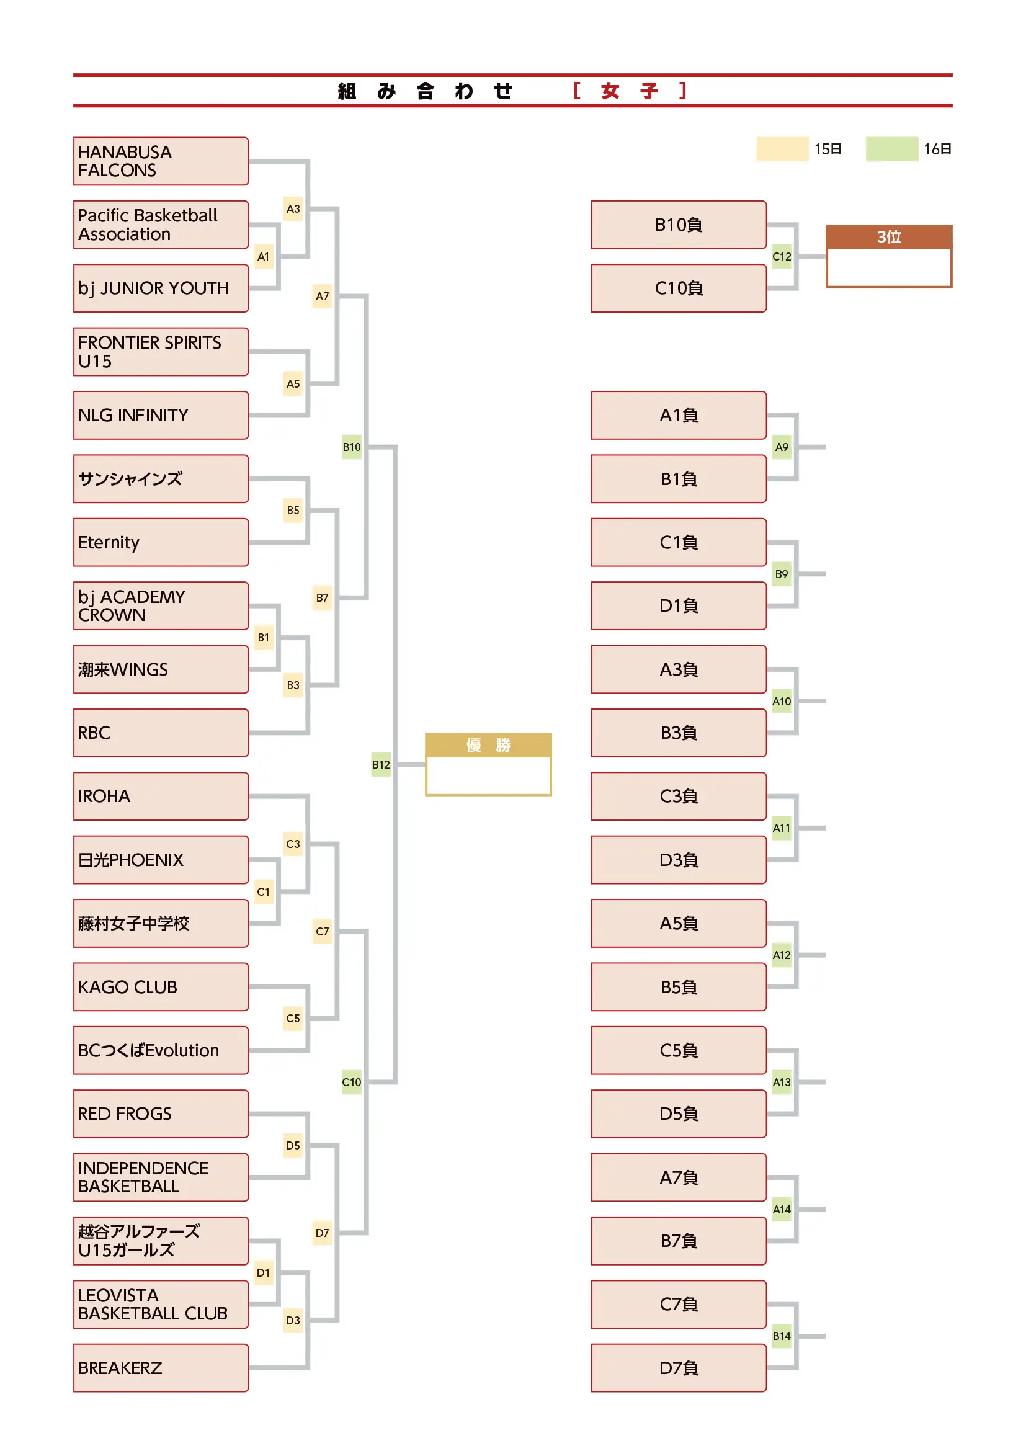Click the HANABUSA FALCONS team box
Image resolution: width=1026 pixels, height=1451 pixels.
[x=161, y=161]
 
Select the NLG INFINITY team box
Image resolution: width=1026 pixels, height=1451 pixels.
[x=161, y=415]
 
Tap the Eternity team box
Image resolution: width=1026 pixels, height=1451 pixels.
[x=161, y=542]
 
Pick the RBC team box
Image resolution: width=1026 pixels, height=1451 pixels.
[x=161, y=733]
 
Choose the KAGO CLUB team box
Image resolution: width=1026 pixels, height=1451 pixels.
[x=161, y=987]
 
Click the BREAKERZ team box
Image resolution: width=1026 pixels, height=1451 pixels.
[x=161, y=1368]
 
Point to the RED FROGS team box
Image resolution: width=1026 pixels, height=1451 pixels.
[x=161, y=1114]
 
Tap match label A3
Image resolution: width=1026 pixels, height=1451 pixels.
[x=293, y=208]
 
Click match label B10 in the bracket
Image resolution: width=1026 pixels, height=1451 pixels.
[x=352, y=447]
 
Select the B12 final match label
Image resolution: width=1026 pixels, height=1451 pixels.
[x=381, y=765]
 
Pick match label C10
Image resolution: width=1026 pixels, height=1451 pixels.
[x=352, y=1083]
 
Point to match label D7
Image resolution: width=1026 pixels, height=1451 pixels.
[x=322, y=1233]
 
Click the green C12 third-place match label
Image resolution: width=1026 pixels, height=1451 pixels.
[x=782, y=257]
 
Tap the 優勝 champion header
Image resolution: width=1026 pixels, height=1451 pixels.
[x=488, y=746]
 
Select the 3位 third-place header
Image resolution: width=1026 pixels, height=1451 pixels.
[x=890, y=237]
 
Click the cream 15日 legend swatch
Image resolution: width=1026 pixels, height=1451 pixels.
[x=783, y=149]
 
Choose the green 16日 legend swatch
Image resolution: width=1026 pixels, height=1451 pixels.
[x=892, y=149]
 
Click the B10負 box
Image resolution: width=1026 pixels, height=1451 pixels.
[x=679, y=225]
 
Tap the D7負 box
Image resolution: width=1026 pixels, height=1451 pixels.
[x=679, y=1368]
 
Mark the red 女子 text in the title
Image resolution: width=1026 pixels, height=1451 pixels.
[x=630, y=91]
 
